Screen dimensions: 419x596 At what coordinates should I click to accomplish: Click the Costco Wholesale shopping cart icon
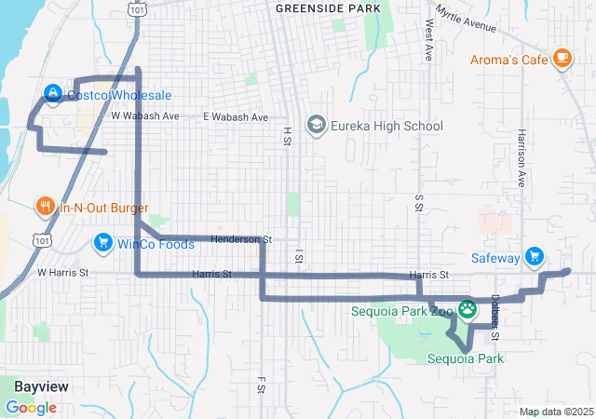pos(53,95)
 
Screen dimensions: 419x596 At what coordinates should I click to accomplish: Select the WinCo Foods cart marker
pos(102,244)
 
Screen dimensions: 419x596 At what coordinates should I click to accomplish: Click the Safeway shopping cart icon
pos(534,255)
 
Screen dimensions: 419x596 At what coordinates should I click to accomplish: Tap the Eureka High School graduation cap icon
pos(317,126)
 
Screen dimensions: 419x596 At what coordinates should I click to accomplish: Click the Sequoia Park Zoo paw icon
pos(467,307)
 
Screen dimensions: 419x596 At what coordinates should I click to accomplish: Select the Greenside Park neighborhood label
pos(329,8)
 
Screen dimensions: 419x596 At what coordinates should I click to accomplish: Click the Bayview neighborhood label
pos(41,385)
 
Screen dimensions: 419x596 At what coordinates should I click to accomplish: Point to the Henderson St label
pos(240,239)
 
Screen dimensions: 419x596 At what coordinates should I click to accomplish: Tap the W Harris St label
pos(62,273)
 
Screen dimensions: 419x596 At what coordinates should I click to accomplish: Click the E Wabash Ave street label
pos(236,117)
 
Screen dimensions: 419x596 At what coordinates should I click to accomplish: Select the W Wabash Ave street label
pos(144,116)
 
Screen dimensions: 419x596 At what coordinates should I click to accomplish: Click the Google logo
pos(31,408)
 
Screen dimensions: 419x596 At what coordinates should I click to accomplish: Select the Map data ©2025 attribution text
pos(555,412)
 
